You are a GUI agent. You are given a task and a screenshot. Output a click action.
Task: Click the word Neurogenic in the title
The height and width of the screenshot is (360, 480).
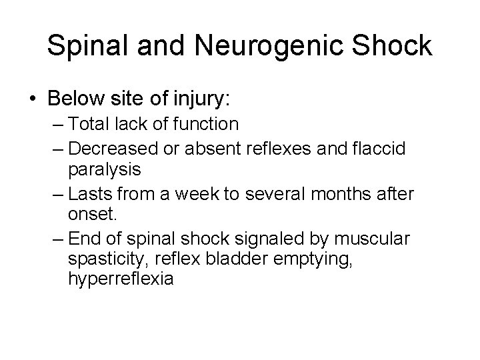pyautogui.click(x=242, y=47)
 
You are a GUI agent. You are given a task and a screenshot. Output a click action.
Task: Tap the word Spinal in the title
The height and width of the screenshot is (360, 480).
pyautogui.click(x=85, y=47)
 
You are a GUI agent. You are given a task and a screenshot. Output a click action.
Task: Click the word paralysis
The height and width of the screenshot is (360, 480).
pyautogui.click(x=104, y=170)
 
